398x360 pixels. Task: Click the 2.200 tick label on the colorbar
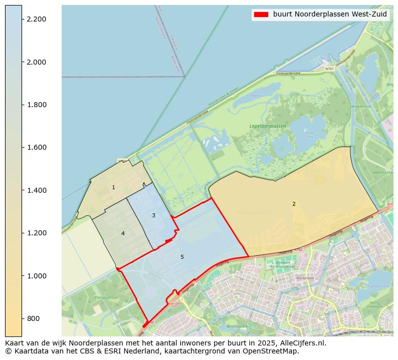click(36, 19)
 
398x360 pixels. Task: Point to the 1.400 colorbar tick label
click(36, 190)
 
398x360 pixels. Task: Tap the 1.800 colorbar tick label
click(36, 105)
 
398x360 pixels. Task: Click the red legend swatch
click(261, 15)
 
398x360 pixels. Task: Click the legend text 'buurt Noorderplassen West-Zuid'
click(330, 15)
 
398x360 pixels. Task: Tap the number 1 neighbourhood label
click(113, 188)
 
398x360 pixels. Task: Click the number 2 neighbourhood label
click(294, 204)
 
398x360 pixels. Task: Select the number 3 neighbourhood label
click(153, 215)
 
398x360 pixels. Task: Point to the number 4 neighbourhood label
click(123, 233)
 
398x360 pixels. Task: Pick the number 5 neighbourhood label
click(182, 257)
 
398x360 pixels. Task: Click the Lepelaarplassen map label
click(268, 126)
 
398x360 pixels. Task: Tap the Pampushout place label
click(105, 297)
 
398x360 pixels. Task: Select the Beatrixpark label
click(238, 326)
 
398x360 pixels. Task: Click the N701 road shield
click(329, 69)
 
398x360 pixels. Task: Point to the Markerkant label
click(305, 278)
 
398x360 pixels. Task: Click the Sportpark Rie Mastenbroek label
click(283, 264)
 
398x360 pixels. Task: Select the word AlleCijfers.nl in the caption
click(304, 343)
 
